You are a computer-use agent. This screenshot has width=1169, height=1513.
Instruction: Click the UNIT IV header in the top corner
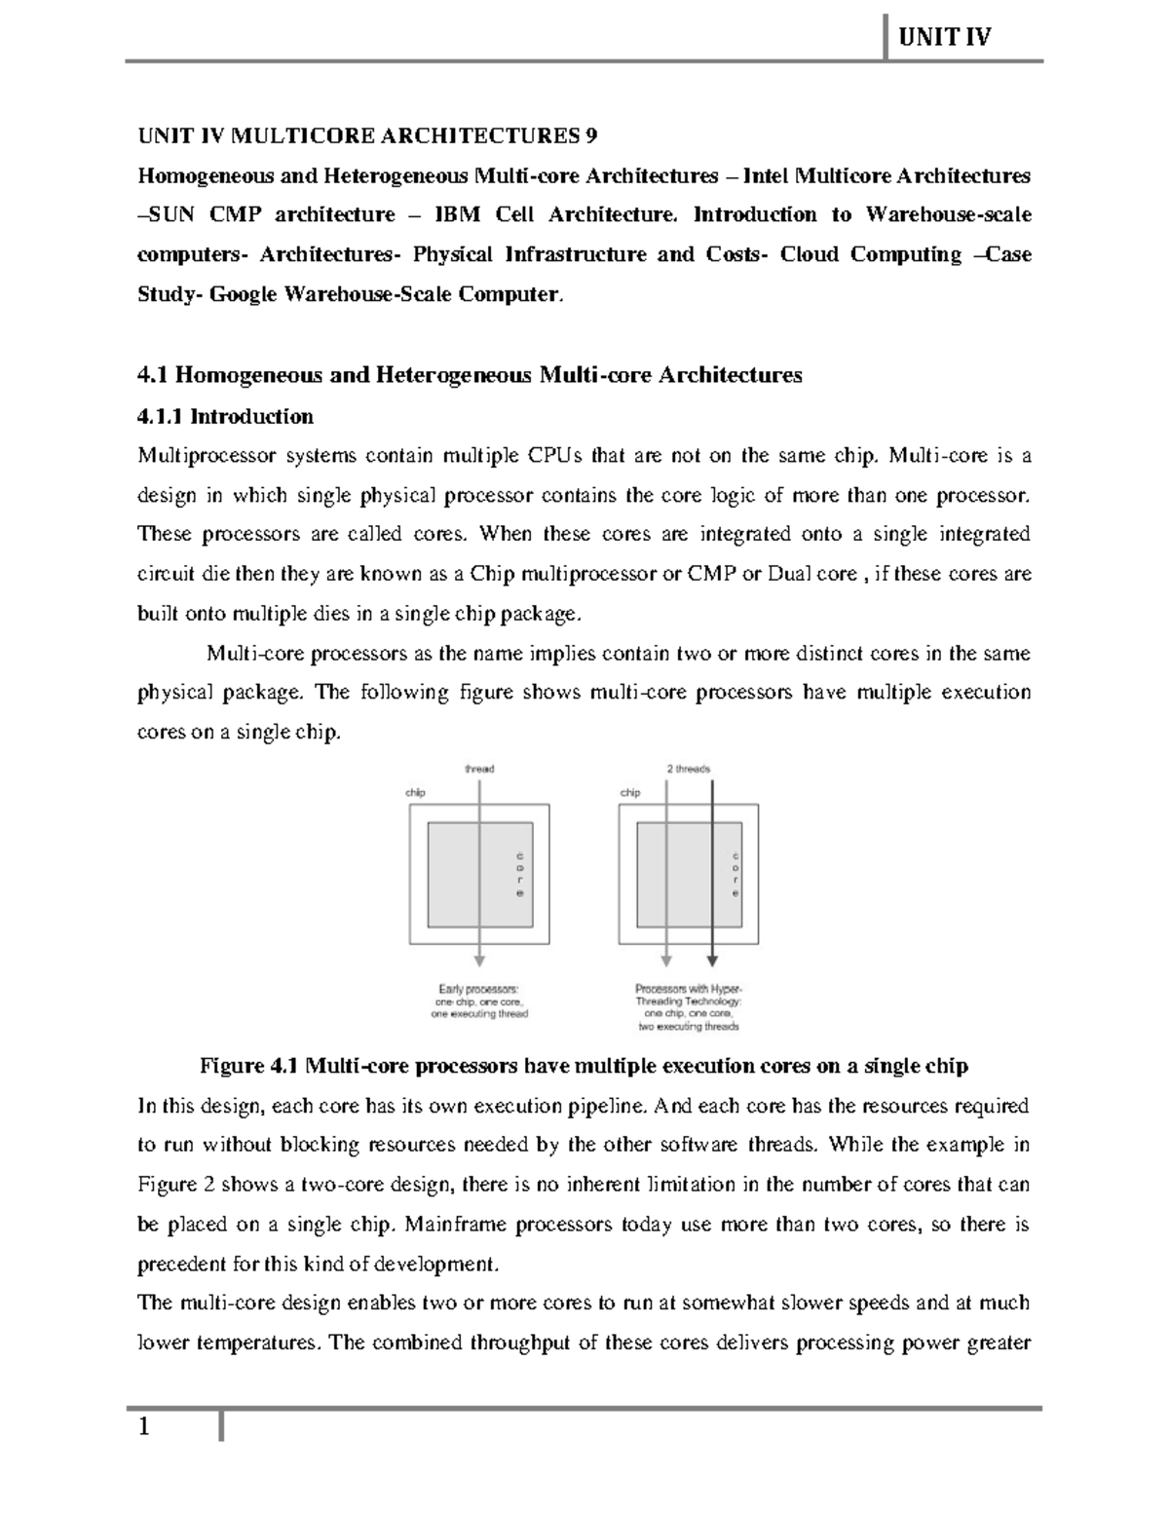pyautogui.click(x=943, y=37)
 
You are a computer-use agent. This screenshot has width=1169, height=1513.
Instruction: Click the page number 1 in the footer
pyautogui.click(x=144, y=1428)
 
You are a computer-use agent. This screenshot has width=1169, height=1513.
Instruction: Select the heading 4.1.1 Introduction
pyautogui.click(x=225, y=417)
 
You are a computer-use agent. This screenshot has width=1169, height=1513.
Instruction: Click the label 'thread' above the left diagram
pyautogui.click(x=479, y=769)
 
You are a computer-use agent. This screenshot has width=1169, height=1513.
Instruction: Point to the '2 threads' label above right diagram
pyautogui.click(x=688, y=769)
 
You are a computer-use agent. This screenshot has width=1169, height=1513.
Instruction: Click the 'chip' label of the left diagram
pyautogui.click(x=416, y=792)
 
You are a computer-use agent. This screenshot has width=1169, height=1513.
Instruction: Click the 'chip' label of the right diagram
pyautogui.click(x=630, y=792)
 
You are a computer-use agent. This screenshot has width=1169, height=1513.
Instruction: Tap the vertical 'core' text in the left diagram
pyautogui.click(x=520, y=874)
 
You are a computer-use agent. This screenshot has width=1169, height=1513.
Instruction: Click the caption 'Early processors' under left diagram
pyautogui.click(x=478, y=989)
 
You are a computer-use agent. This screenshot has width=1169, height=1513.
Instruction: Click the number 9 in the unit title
pyautogui.click(x=591, y=135)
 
